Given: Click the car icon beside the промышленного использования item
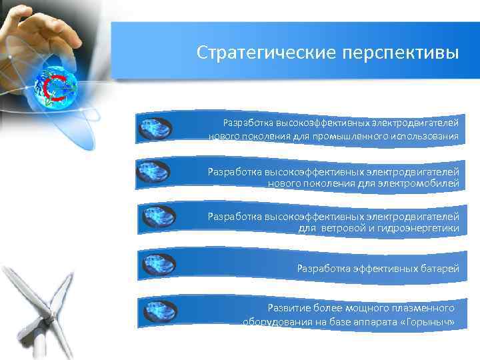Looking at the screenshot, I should pyautogui.click(x=155, y=128).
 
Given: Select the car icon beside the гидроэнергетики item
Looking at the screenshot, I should pyautogui.click(x=159, y=217).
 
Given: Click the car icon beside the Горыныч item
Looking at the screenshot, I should pyautogui.click(x=159, y=311).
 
